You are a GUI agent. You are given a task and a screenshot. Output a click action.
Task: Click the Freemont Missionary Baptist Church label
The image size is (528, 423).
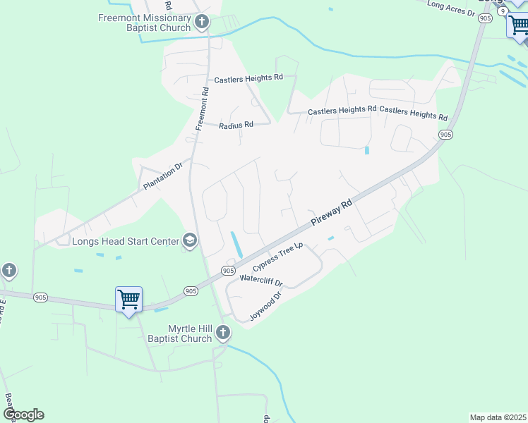pyautogui.click(x=144, y=23)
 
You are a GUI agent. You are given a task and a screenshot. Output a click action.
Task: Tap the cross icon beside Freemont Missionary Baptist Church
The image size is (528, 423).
pyautogui.click(x=201, y=22)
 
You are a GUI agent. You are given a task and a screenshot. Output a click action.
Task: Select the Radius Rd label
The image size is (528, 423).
pyautogui.click(x=236, y=125)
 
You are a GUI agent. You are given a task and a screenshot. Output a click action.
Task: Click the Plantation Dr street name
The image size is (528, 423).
pyautogui.click(x=162, y=176)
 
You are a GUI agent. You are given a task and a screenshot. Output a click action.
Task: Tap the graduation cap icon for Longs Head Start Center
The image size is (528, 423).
pyautogui.click(x=190, y=241)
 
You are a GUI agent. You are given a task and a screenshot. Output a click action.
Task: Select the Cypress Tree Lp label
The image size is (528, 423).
pyautogui.click(x=277, y=257)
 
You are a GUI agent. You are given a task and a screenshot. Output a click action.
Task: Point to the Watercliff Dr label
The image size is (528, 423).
pyautogui.click(x=261, y=280)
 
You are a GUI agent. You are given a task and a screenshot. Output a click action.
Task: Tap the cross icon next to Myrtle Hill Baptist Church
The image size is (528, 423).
pyautogui.click(x=222, y=332)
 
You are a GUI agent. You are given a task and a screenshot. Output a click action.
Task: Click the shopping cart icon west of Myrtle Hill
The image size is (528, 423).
pyautogui.click(x=128, y=300)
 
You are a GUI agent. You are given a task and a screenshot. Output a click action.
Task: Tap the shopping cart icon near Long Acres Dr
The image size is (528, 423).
pyautogui.click(x=517, y=26)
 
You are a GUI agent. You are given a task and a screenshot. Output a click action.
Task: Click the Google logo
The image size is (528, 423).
pyautogui.click(x=23, y=415)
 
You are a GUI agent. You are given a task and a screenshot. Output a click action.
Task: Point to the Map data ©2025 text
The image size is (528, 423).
pyautogui.click(x=497, y=417)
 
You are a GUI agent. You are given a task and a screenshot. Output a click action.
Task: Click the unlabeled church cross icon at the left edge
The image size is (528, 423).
pyautogui.click(x=8, y=270)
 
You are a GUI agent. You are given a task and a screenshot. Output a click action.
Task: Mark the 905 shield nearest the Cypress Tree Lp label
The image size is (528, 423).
pyautogui.click(x=228, y=271)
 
